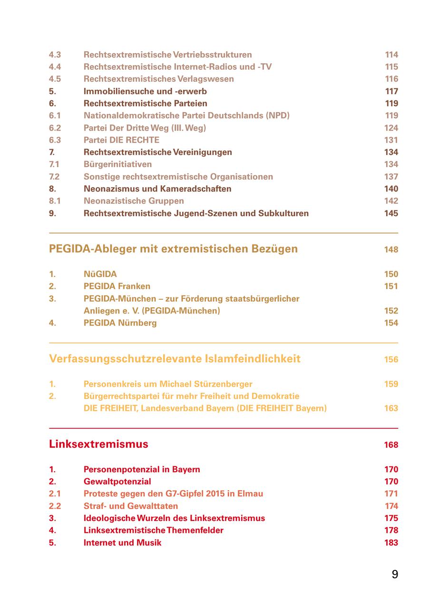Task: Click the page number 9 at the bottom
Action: [395, 574]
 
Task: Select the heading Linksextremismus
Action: [98, 444]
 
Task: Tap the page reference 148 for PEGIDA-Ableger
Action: [391, 249]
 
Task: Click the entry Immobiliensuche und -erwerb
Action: [145, 91]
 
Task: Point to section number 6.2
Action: [55, 128]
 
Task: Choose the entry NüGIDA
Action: [100, 274]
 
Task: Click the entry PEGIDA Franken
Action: [117, 286]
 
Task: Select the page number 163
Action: [391, 408]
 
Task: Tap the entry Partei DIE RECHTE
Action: [121, 140]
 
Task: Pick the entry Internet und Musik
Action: [122, 542]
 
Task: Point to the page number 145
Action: [391, 213]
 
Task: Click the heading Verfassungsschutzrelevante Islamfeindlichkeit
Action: [175, 359]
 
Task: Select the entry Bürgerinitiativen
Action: [117, 164]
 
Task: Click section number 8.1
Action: [55, 201]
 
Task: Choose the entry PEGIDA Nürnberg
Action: [120, 323]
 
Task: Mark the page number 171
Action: [391, 493]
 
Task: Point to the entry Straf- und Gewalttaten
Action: [131, 506]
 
